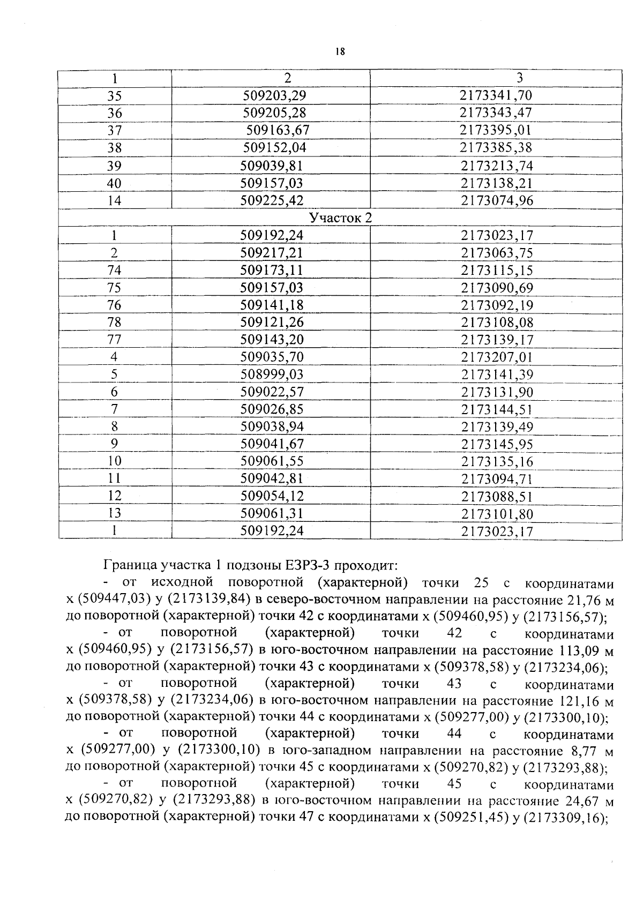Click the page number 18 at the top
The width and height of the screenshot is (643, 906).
coord(340,52)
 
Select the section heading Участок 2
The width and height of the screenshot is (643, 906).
coord(340,218)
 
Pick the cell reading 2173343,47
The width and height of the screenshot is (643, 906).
coord(496,113)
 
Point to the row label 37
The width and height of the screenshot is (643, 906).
coord(115,131)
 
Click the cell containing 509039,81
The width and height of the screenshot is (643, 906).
coord(272,166)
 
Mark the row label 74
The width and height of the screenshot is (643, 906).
coord(115,271)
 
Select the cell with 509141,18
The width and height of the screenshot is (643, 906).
coord(272,305)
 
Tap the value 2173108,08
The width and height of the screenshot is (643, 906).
coord(497,323)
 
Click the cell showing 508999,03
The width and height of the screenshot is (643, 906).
coord(272,375)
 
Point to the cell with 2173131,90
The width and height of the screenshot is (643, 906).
coord(497,392)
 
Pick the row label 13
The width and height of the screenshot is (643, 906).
coord(115,513)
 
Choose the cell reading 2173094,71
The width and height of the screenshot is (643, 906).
coord(497,479)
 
